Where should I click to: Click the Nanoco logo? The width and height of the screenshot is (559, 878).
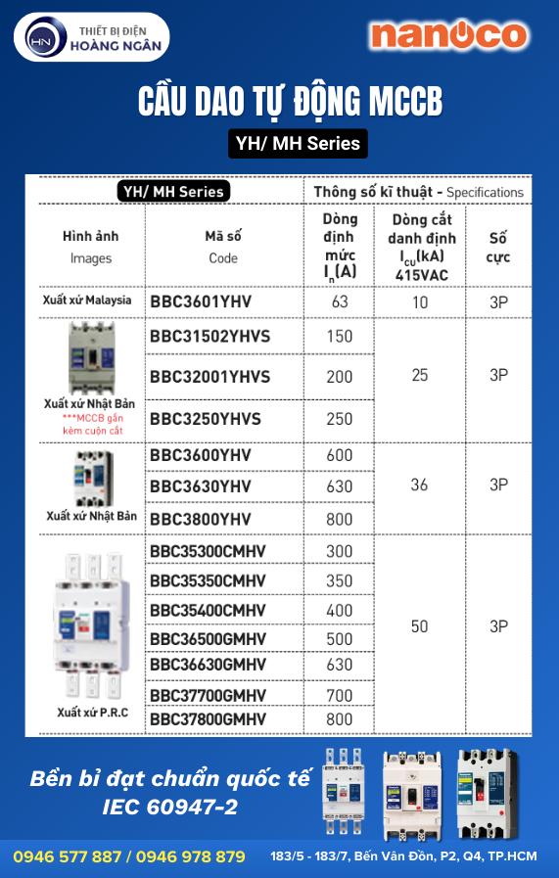448,36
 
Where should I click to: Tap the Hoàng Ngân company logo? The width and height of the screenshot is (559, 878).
92,38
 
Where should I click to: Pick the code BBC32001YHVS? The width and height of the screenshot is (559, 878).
210,377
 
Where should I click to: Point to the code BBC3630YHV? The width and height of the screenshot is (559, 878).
201,486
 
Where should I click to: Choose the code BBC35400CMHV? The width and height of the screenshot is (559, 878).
209,611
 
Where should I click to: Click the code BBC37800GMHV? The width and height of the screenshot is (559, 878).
209,719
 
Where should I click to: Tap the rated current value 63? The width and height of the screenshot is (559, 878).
340,301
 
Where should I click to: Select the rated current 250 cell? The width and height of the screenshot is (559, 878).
340,419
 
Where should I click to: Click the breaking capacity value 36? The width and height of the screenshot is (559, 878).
419,485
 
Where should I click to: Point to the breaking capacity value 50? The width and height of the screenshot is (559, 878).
419,626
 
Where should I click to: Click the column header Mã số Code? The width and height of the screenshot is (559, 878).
223,247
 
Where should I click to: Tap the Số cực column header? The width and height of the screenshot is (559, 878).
498,247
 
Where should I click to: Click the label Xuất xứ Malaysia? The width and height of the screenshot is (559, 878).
87,300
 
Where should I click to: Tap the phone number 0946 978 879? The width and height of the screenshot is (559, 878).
191,856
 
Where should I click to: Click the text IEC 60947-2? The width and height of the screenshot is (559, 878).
169,808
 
